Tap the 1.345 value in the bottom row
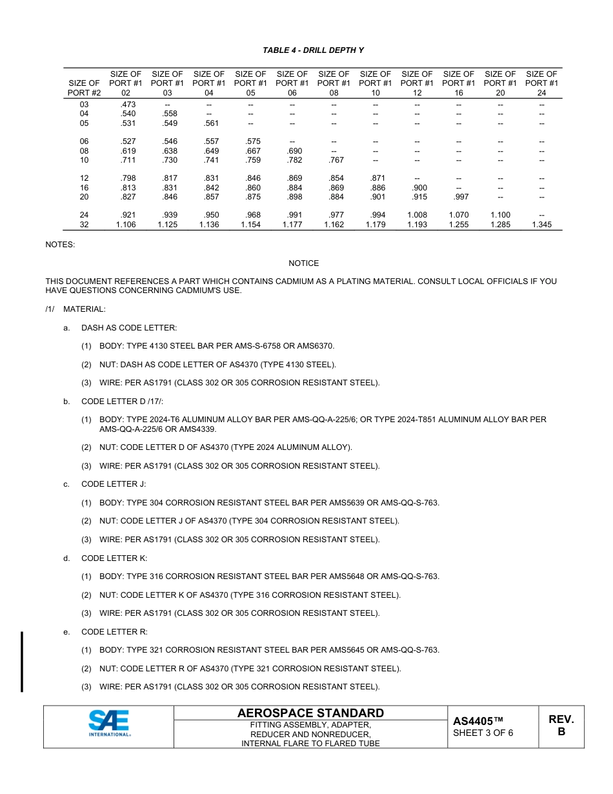tap(541, 225)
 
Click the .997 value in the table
tap(458, 197)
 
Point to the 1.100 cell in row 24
tap(500, 215)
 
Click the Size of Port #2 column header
tap(85, 88)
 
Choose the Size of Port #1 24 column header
tap(541, 83)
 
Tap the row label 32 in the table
tap(85, 225)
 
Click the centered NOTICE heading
tap(303, 263)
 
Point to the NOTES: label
tap(60, 245)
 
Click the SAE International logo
tap(109, 724)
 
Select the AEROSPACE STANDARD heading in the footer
tap(310, 713)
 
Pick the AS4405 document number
tap(477, 721)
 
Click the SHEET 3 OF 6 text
tap(483, 733)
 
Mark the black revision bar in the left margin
tap(23, 662)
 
